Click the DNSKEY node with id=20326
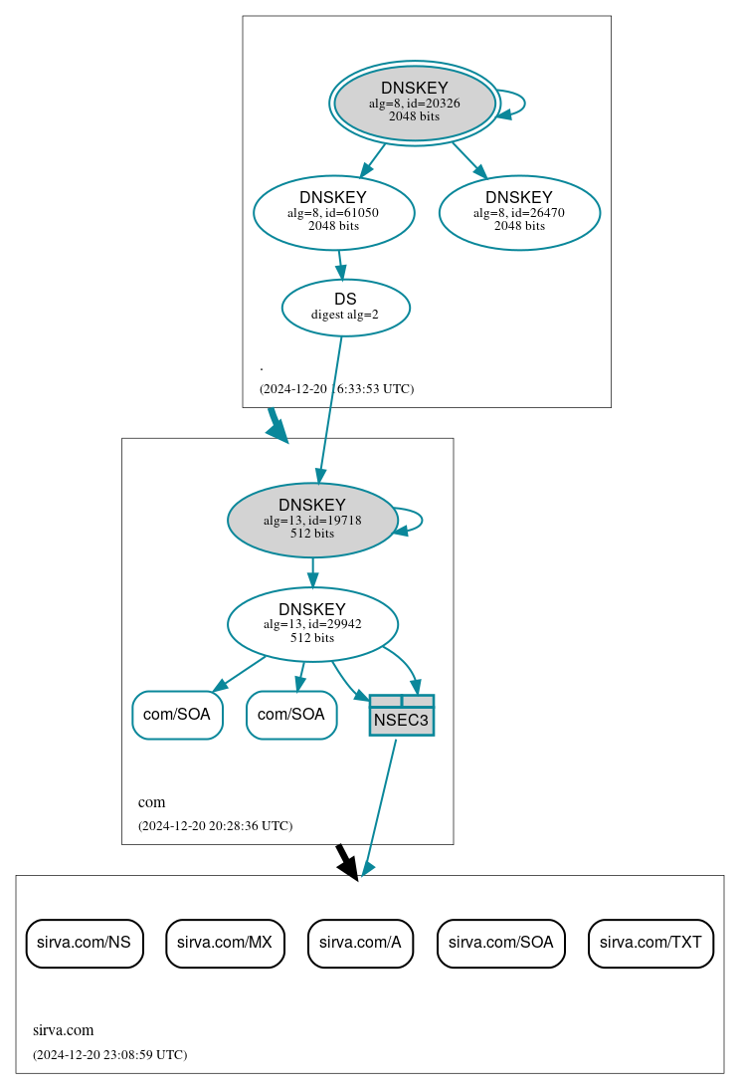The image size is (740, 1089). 415,104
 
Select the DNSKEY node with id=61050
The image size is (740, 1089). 333,212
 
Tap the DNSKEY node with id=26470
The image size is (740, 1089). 519,212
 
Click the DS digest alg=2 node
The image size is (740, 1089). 345,308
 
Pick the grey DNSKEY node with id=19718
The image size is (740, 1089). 312,520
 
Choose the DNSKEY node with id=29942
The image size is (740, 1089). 312,624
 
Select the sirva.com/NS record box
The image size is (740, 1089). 85,943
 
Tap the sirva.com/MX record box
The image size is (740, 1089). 225,943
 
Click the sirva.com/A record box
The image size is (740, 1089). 360,943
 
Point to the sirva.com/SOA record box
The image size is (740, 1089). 500,943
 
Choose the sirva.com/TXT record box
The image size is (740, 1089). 650,943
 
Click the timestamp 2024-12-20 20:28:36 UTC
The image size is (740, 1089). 215,825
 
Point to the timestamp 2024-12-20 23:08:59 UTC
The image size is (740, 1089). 109,1054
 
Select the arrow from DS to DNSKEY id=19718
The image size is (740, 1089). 330,408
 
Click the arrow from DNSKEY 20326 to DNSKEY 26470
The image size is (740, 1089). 468,159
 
